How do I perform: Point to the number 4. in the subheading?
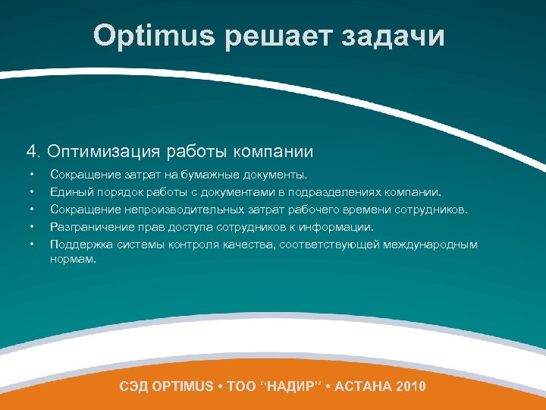[34, 152]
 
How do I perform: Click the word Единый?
[71, 193]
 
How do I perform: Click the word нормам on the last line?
[72, 259]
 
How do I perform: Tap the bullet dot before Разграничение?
[30, 226]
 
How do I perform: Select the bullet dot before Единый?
[30, 193]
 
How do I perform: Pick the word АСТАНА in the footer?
[367, 386]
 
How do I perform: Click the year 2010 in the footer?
[410, 386]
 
